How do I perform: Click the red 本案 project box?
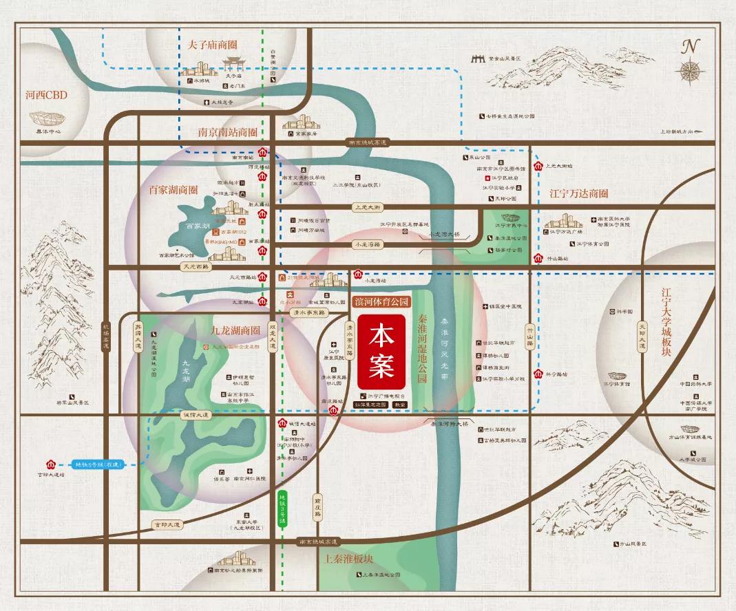381,352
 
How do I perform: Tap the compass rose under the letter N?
689,70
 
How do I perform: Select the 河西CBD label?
46,95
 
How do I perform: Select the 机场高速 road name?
106,336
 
